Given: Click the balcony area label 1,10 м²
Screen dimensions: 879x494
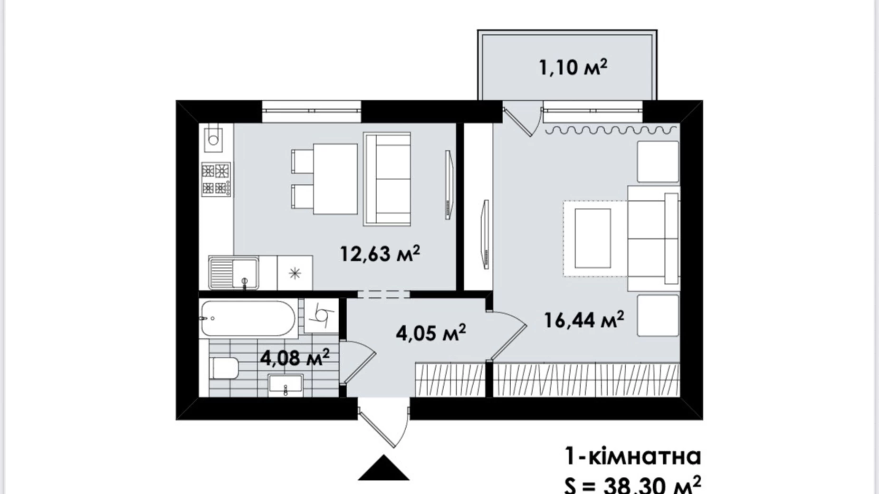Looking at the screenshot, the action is tap(573, 67).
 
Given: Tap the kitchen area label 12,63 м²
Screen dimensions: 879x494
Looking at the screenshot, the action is tap(380, 254).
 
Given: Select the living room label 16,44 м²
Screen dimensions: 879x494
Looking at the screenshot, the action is tap(584, 320).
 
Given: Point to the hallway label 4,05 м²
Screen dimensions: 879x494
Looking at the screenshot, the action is tap(431, 332).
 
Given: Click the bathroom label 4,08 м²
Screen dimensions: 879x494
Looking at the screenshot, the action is tap(295, 357).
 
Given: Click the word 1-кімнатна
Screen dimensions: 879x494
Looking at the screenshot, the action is tap(633, 456).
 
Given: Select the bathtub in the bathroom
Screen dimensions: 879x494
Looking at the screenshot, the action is tap(248, 318).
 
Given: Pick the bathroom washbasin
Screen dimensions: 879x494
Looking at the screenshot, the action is tap(285, 384).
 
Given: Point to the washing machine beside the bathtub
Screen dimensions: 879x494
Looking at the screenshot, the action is tap(321, 315).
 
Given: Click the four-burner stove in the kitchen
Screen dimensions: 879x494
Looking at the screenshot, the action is tap(216, 179).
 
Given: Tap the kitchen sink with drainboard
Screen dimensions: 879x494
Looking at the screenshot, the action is tap(234, 273).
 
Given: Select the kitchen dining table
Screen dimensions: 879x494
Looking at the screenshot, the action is tap(335, 179).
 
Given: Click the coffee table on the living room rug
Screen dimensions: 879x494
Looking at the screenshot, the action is tap(592, 238).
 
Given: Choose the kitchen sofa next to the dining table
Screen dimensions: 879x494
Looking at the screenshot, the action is tap(387, 179).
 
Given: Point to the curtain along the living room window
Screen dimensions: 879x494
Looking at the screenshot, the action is tap(611, 129).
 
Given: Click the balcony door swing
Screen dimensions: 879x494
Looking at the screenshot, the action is tap(522, 120).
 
